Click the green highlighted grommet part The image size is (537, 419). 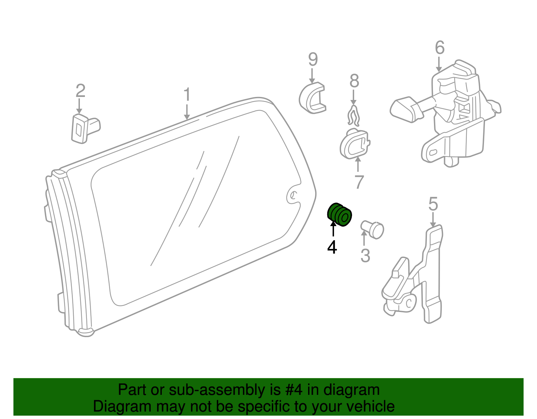point(339,215)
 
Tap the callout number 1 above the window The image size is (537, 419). point(187,94)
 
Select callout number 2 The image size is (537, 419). point(81,91)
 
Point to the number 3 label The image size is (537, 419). point(365,256)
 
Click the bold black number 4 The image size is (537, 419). point(332,247)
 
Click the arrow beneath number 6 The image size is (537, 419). point(439,64)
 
